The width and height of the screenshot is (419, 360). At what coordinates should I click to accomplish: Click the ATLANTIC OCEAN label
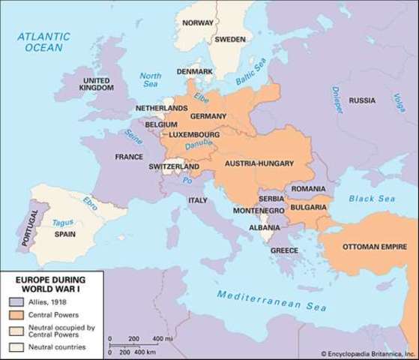[x=45, y=40]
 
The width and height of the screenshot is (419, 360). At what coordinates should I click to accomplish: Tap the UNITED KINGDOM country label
[x=98, y=83]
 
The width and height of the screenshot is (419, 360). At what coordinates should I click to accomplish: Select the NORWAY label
[x=197, y=23]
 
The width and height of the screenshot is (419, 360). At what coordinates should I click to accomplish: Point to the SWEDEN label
[x=230, y=40]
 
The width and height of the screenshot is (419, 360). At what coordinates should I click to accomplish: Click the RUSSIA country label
[x=363, y=100]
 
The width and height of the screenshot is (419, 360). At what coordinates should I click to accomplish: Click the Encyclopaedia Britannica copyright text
[x=368, y=353]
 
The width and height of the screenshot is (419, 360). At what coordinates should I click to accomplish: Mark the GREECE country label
[x=284, y=249]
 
